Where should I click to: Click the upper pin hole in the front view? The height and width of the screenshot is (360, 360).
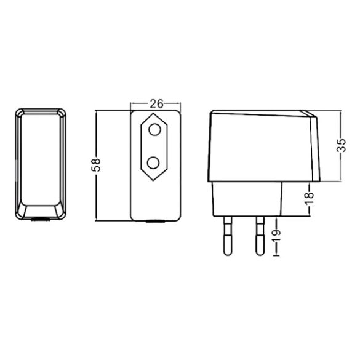154,130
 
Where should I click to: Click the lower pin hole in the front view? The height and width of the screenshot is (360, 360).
154,163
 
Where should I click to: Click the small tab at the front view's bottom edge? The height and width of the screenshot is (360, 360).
154,220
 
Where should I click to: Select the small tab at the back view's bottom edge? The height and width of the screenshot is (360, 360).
41,218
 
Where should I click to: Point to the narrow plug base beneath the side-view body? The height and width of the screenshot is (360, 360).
247,199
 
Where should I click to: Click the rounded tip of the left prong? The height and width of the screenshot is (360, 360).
227,252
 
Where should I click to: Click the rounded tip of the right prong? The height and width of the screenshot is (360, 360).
258,252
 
